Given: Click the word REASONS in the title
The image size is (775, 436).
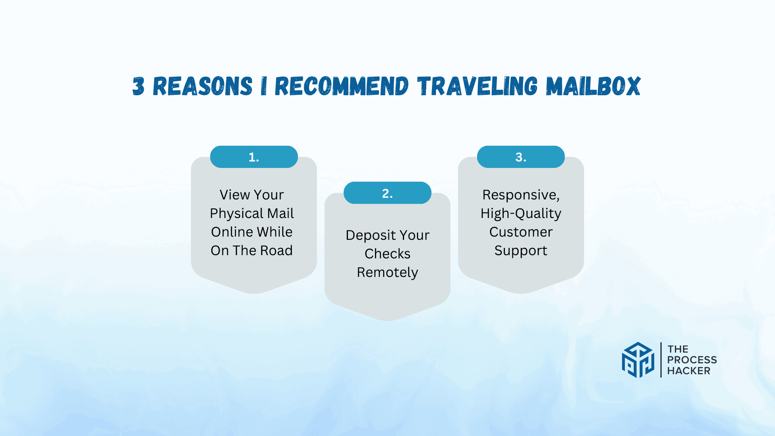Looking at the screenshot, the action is [x=203, y=86].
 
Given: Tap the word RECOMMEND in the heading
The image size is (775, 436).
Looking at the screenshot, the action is [x=341, y=86].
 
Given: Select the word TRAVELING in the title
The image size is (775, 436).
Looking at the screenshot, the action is [x=478, y=86].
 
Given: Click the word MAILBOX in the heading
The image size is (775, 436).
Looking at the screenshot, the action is [x=593, y=86].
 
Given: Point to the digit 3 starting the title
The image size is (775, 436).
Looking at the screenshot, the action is [x=138, y=86].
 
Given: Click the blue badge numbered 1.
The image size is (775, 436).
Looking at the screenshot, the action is [x=254, y=157].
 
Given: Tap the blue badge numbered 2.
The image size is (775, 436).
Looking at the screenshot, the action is [x=387, y=193].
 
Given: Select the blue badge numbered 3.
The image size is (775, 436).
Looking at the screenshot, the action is [x=521, y=157].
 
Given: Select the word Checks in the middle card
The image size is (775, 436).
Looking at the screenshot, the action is [x=387, y=254].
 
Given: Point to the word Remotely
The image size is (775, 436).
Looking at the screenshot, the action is [x=387, y=272].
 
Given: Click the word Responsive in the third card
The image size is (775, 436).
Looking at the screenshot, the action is [x=521, y=195].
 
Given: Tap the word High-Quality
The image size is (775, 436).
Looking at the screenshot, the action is [x=521, y=214].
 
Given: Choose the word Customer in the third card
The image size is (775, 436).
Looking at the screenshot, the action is [x=521, y=232].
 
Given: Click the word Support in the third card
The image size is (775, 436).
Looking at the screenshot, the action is [x=521, y=251].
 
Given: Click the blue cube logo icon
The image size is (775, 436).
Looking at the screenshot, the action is [x=638, y=360].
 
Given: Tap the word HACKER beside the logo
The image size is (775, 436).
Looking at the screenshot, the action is [x=689, y=371].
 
